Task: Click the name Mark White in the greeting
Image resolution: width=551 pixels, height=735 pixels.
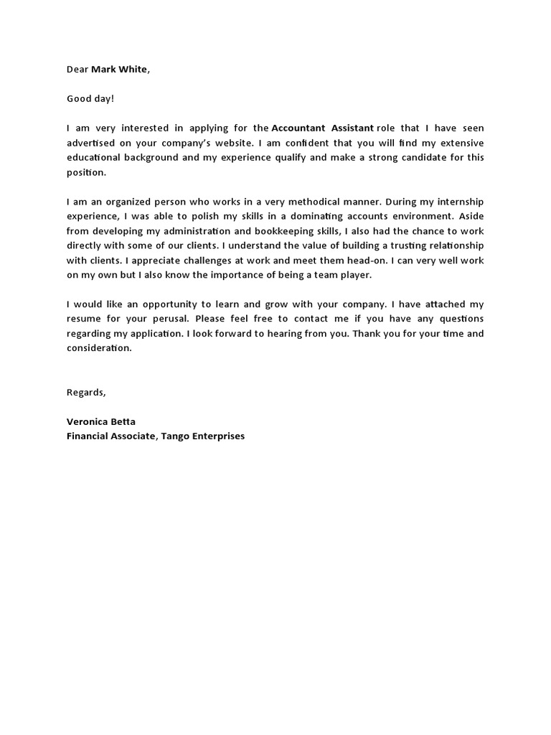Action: pyautogui.click(x=121, y=70)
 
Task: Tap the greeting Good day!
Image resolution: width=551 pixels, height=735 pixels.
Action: pyautogui.click(x=90, y=98)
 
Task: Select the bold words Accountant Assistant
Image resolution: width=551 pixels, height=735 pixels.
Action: pyautogui.click(x=322, y=128)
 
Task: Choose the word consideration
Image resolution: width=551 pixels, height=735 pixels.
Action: pyautogui.click(x=99, y=348)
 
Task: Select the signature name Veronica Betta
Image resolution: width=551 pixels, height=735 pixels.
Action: pyautogui.click(x=100, y=421)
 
